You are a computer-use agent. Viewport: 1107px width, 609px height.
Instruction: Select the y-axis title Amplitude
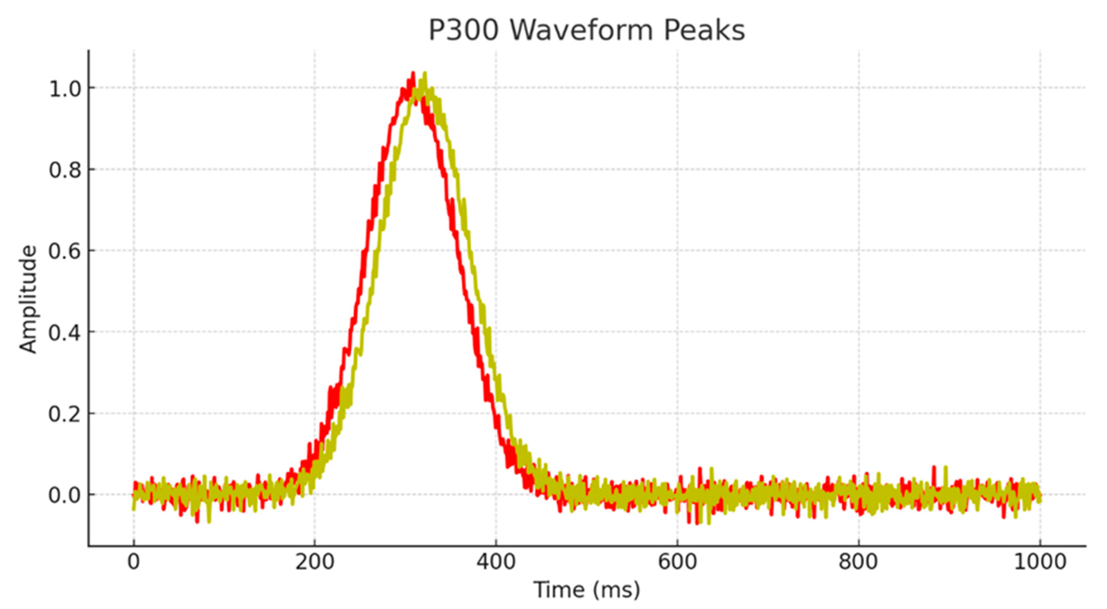click(28, 299)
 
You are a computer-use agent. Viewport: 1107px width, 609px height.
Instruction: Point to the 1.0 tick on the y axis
click(65, 89)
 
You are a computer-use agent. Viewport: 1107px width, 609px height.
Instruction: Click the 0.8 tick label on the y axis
click(65, 170)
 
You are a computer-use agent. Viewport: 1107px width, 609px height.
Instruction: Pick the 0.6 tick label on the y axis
click(65, 251)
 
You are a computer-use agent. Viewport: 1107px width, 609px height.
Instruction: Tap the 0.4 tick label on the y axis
click(65, 333)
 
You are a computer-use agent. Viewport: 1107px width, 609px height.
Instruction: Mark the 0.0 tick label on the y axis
click(65, 495)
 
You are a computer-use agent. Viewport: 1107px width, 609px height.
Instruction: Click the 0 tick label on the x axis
click(134, 562)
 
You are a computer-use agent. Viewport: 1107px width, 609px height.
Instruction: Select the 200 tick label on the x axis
click(314, 562)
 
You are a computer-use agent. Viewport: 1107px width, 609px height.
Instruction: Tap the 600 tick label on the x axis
click(677, 562)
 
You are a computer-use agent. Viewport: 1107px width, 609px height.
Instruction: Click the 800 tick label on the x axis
click(858, 562)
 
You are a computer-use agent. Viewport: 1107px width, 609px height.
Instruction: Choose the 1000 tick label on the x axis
click(1040, 562)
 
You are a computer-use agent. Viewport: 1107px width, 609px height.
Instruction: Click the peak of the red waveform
click(413, 73)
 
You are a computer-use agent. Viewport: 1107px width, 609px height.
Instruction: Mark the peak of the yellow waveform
click(425, 73)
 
